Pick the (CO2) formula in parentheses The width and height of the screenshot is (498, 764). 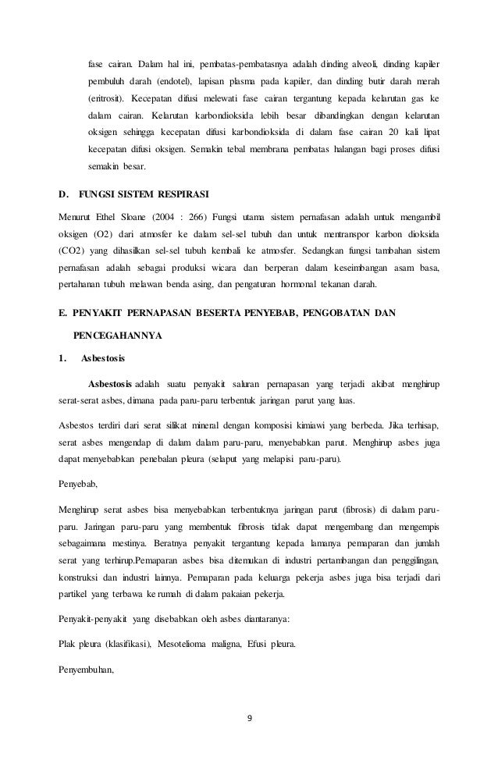click(73, 251)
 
